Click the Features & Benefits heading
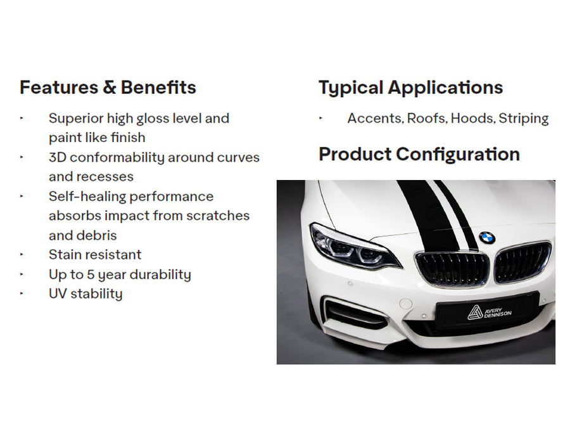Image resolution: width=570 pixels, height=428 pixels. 108,88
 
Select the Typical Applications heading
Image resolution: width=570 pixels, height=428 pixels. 411,88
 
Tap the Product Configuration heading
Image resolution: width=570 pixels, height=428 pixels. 419,154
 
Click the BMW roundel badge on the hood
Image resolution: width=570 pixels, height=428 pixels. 487,238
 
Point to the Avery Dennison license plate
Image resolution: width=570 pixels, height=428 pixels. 487,311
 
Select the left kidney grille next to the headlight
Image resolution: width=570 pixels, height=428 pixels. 452,268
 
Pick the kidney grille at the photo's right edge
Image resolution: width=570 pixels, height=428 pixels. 522,262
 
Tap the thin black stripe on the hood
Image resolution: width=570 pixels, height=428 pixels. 457,215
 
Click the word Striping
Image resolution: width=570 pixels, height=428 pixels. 524,119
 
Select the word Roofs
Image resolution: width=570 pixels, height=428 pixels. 427,119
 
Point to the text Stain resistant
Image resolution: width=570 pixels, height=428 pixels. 95,255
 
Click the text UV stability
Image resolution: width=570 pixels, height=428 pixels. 85,294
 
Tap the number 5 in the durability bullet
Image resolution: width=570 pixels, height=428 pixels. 91,275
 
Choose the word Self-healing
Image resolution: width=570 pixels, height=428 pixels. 87,197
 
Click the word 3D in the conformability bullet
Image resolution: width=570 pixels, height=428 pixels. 57,158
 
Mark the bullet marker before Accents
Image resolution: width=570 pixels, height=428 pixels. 320,118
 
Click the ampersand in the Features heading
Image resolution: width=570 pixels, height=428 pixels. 109,88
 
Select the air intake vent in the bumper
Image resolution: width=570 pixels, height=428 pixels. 355,314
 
